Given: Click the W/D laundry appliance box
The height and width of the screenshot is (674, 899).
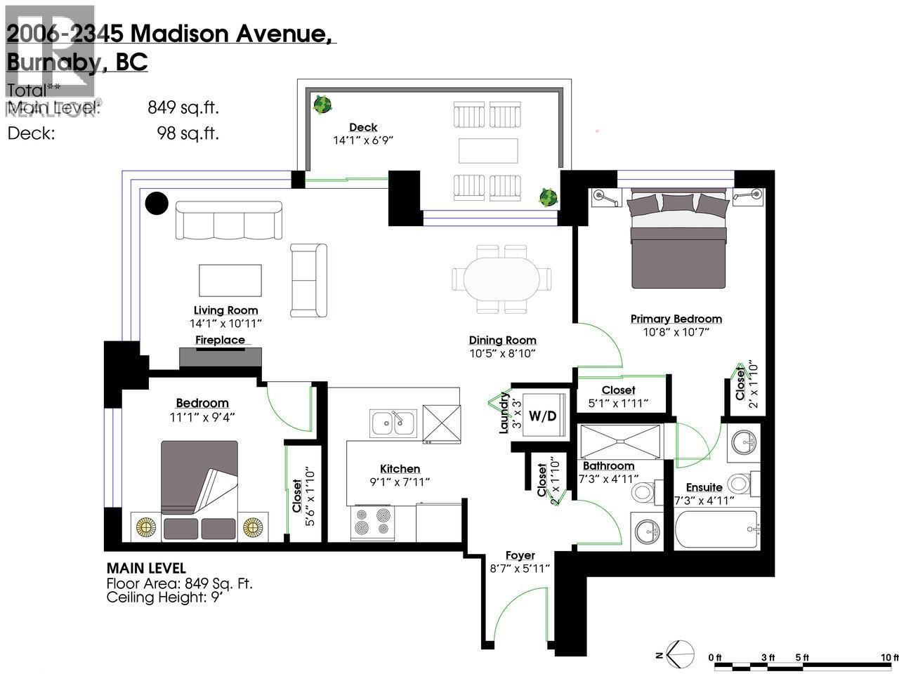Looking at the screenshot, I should click(x=542, y=416).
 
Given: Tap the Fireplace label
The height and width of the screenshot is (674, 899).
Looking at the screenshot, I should click(x=220, y=341).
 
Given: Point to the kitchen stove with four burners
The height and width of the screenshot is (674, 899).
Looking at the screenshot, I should click(x=372, y=522).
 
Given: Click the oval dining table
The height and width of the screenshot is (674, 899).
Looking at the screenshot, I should click(x=502, y=279).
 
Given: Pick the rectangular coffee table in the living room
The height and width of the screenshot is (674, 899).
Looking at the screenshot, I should click(x=230, y=280).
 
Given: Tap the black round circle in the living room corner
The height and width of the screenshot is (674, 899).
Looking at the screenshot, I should click(x=157, y=204).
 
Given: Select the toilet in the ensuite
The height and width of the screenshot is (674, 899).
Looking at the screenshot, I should click(x=740, y=484).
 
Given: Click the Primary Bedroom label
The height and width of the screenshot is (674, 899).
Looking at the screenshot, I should click(x=676, y=319).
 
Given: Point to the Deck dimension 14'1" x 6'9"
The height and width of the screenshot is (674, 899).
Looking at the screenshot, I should click(x=363, y=140).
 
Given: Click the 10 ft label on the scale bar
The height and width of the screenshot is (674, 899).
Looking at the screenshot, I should click(x=889, y=657).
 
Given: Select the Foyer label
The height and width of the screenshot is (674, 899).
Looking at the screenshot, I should click(x=520, y=555).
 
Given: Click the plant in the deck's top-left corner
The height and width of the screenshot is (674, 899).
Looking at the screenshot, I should click(x=322, y=105).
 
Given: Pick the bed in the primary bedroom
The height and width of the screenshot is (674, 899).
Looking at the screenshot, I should click(x=678, y=240).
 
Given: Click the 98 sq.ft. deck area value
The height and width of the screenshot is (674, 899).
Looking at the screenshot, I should click(x=188, y=133).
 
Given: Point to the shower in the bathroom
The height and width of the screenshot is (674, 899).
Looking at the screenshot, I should click(x=619, y=441).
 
